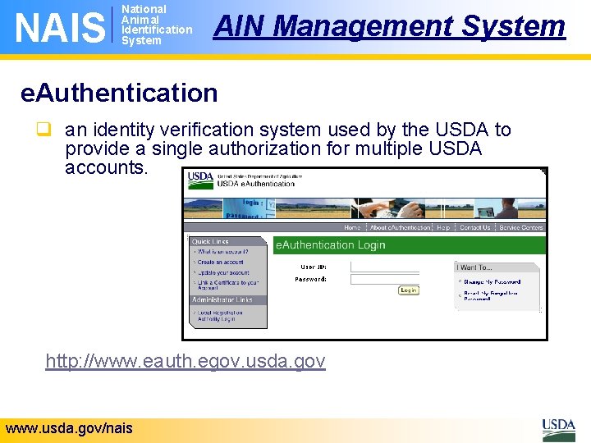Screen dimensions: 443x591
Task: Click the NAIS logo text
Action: [60, 26]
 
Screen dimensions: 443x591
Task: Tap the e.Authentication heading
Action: [119, 93]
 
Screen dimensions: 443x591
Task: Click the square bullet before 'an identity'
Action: [50, 130]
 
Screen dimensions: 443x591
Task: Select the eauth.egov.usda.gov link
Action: [186, 361]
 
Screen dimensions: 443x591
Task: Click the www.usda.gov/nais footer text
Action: [69, 428]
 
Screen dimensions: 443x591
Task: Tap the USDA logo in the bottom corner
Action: [558, 428]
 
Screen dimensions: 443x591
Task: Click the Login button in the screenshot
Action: [408, 290]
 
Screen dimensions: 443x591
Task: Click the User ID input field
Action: [396, 267]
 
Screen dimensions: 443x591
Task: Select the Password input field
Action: [396, 279]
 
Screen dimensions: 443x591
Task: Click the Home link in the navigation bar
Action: [352, 227]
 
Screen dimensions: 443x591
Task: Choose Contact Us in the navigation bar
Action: [474, 227]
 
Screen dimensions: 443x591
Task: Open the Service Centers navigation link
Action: [521, 227]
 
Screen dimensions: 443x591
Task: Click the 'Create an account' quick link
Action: [220, 262]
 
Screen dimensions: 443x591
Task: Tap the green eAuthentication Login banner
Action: [409, 244]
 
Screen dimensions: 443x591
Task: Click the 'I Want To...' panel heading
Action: [476, 267]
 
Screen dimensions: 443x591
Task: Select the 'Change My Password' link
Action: [492, 281]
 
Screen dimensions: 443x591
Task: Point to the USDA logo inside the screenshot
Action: [200, 178]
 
